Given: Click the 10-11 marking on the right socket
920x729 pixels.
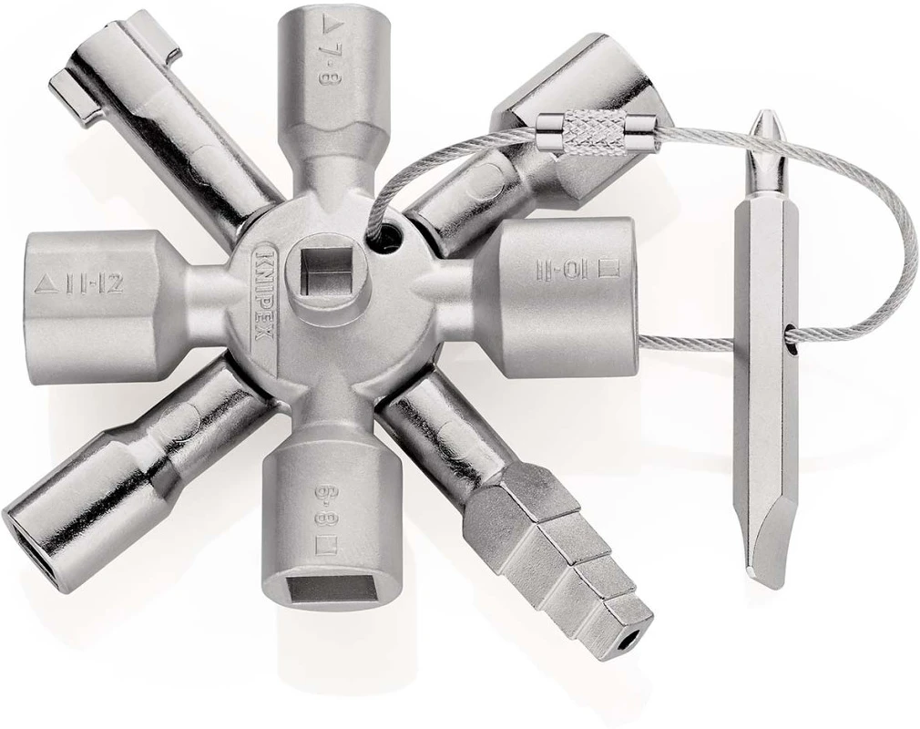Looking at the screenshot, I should pos(566,269).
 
